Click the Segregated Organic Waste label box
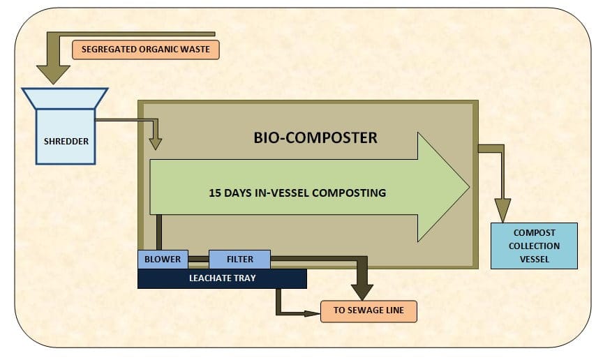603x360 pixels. [x=145, y=50]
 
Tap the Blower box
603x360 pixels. [x=163, y=260]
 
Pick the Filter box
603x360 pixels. [x=239, y=260]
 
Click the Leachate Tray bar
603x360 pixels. [x=222, y=278]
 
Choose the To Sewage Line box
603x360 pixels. [x=368, y=311]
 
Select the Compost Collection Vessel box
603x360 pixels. [x=534, y=246]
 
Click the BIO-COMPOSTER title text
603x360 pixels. [x=315, y=137]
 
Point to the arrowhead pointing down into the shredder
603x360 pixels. [x=54, y=73]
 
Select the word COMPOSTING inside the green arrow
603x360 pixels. [x=352, y=193]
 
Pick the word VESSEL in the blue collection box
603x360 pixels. [x=534, y=259]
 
